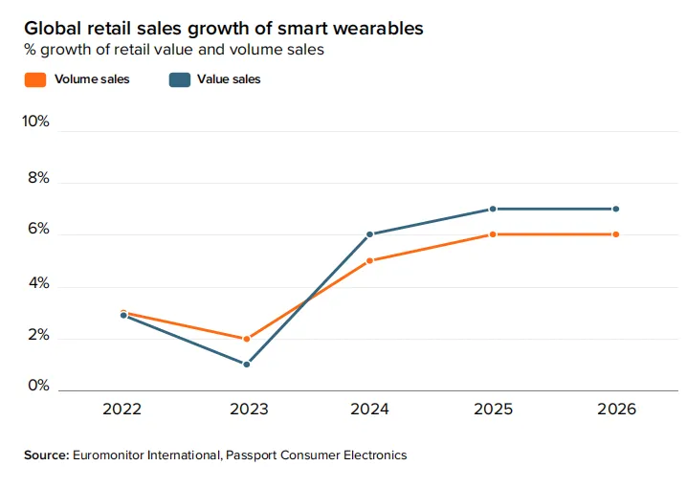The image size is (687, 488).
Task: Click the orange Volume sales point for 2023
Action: tap(247, 339)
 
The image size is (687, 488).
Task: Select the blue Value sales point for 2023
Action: tap(247, 365)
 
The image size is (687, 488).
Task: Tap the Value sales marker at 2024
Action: tap(369, 234)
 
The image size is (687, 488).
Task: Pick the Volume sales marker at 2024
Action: tap(369, 260)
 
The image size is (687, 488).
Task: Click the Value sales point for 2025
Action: tap(493, 209)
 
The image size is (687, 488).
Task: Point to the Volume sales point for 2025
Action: tap(493, 234)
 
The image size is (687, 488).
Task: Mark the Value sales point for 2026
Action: tap(616, 209)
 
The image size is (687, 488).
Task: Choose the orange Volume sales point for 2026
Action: tap(616, 234)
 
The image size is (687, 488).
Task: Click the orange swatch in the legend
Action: tap(34, 79)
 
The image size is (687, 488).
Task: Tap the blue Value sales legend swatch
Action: tap(179, 79)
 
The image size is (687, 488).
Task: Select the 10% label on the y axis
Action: tap(35, 122)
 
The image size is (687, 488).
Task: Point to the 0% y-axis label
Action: tap(39, 386)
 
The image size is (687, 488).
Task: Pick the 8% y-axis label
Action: tap(39, 180)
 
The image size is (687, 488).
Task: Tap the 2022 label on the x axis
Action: tap(123, 410)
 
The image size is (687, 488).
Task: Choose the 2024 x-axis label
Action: tap(369, 410)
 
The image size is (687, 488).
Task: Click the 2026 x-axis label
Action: tap(616, 410)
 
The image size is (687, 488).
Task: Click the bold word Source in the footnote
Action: tap(46, 455)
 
